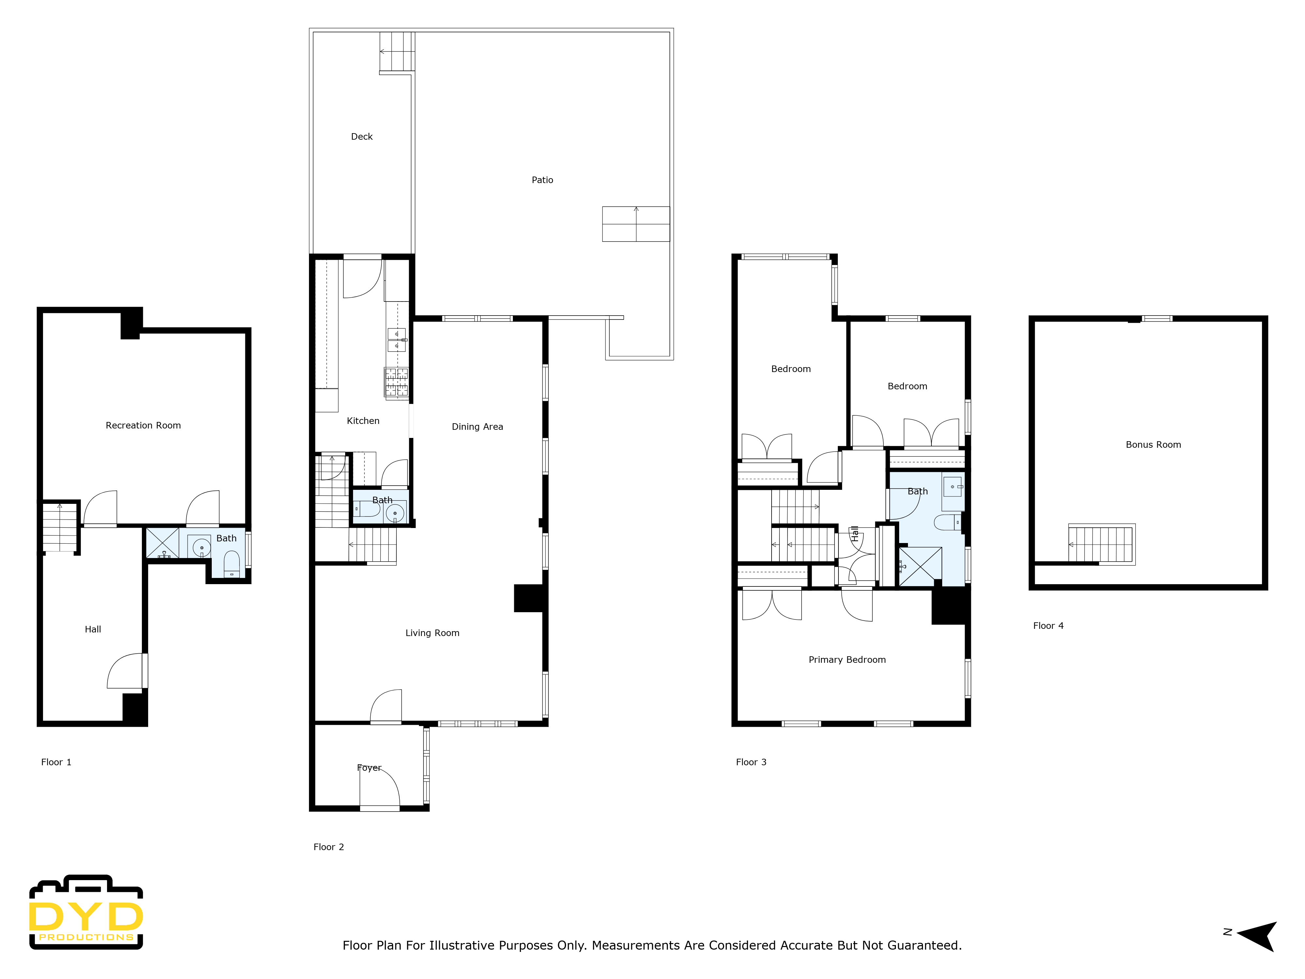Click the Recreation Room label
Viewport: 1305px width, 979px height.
pos(143,426)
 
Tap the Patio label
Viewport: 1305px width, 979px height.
pos(542,180)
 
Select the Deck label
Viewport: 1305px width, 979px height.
pos(361,136)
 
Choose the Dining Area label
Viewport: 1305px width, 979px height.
pos(477,427)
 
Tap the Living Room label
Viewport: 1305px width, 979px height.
pos(432,633)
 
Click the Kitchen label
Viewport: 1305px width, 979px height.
pos(363,421)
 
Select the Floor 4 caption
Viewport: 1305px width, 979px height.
pos(1048,626)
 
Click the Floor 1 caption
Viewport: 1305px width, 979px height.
pos(56,762)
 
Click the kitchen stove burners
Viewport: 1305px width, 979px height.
pos(396,382)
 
